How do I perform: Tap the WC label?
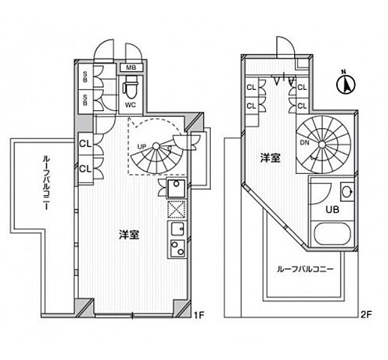(131, 104)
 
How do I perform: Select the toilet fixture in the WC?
(129, 88)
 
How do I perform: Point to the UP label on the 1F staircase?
(140, 145)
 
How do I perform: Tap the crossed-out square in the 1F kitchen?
(175, 210)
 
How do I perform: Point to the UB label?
(331, 208)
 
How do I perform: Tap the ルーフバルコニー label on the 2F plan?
(305, 268)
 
